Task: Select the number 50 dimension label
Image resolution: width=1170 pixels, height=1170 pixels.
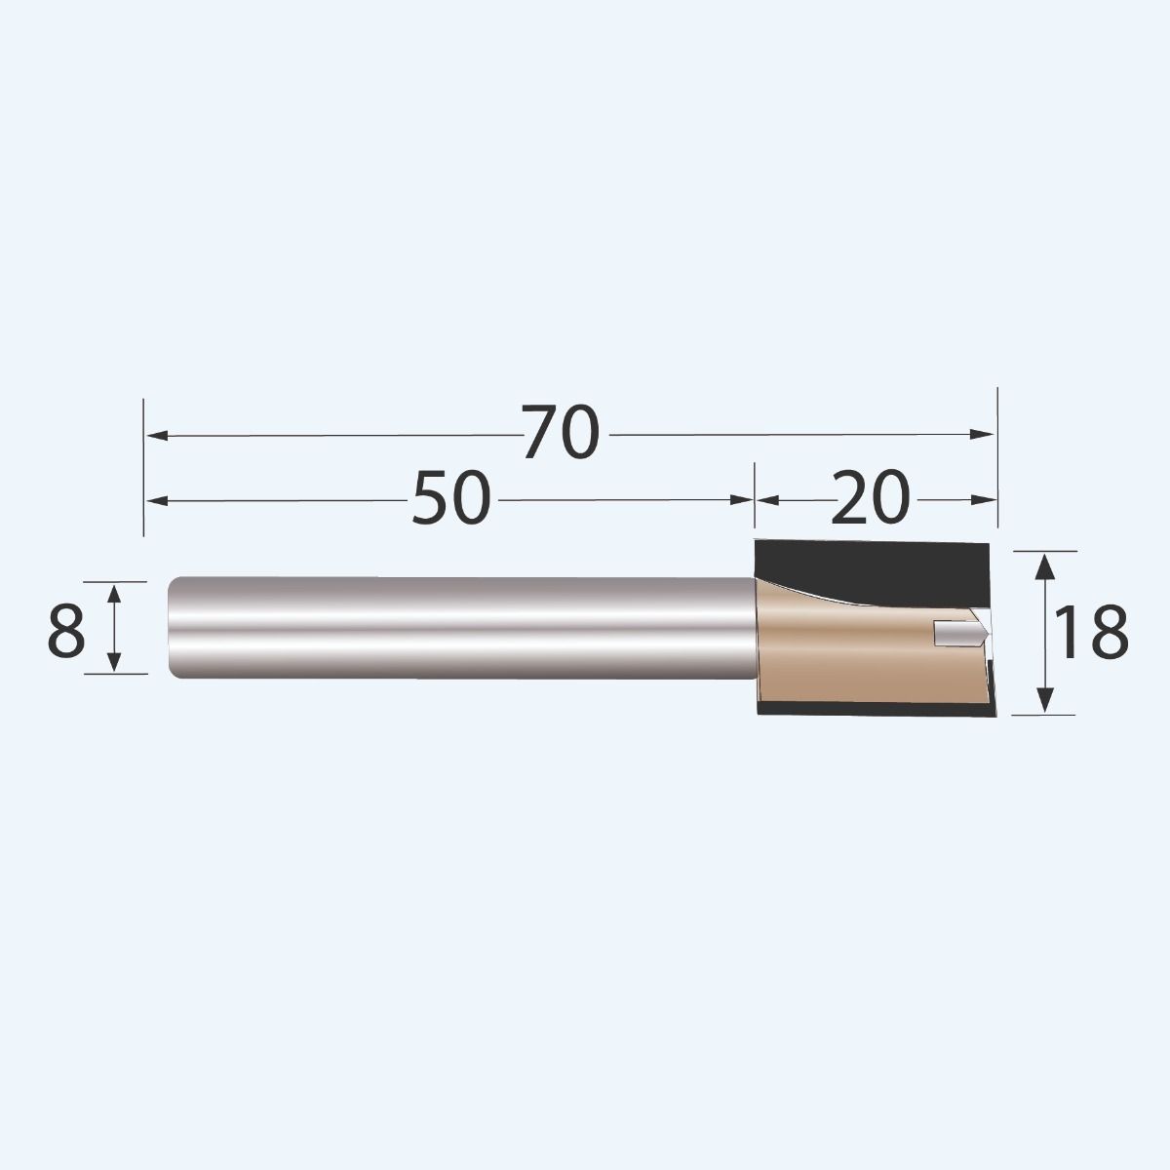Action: point(450,498)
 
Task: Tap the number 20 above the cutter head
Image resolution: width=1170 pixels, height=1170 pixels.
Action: point(871,498)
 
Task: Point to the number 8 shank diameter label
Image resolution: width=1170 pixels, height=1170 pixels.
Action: point(66,631)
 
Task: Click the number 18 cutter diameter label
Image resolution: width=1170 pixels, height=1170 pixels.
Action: point(1092,632)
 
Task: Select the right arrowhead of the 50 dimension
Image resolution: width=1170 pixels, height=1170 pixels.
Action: point(743,500)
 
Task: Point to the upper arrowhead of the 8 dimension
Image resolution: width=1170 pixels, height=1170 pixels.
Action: point(115,593)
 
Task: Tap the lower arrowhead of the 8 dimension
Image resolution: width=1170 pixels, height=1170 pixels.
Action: point(115,662)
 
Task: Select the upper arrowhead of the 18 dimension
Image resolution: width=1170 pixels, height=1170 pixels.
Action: point(1045,564)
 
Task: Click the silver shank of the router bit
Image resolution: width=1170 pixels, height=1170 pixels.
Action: point(458,629)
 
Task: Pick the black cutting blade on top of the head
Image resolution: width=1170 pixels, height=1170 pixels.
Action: point(877,564)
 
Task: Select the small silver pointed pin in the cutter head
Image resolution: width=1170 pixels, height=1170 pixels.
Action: point(960,633)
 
